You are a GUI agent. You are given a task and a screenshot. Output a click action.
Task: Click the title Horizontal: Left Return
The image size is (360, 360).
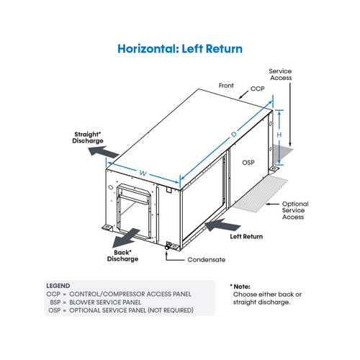(180, 49)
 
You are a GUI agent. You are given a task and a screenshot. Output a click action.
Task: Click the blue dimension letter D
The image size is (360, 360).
(234, 134)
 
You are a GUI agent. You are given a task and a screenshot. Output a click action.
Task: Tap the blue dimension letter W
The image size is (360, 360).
(143, 173)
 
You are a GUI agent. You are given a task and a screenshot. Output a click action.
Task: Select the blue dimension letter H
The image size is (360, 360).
(279, 135)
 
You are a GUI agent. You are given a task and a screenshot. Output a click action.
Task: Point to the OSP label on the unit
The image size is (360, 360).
(248, 163)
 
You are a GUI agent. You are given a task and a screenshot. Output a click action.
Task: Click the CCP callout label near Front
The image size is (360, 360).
(258, 89)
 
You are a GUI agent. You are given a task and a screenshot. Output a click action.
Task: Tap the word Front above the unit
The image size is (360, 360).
(226, 86)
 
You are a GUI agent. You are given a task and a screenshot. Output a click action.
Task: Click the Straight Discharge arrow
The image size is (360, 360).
(104, 152)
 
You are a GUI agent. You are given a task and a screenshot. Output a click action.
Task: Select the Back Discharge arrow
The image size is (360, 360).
(126, 238)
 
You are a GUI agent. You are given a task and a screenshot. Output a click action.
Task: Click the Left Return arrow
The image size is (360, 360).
(222, 225)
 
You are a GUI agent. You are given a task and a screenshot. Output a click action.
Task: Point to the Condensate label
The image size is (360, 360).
(207, 260)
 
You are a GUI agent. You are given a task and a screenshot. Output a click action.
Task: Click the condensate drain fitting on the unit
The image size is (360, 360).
(168, 246)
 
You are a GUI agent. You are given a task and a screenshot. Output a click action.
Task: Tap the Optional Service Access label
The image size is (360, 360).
(295, 210)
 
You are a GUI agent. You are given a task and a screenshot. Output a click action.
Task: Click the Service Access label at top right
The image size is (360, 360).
(280, 74)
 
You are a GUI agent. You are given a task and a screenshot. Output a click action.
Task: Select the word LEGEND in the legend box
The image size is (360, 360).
(58, 286)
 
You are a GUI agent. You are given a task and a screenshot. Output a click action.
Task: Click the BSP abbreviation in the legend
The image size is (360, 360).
(55, 302)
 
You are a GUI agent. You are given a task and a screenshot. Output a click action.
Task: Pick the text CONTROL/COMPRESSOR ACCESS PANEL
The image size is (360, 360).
(130, 294)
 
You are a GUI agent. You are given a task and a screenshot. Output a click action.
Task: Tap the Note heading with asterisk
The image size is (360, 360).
(240, 287)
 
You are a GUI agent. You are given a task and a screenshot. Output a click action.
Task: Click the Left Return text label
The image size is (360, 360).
(246, 237)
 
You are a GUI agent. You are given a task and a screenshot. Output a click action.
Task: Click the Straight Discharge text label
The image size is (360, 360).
(88, 138)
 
